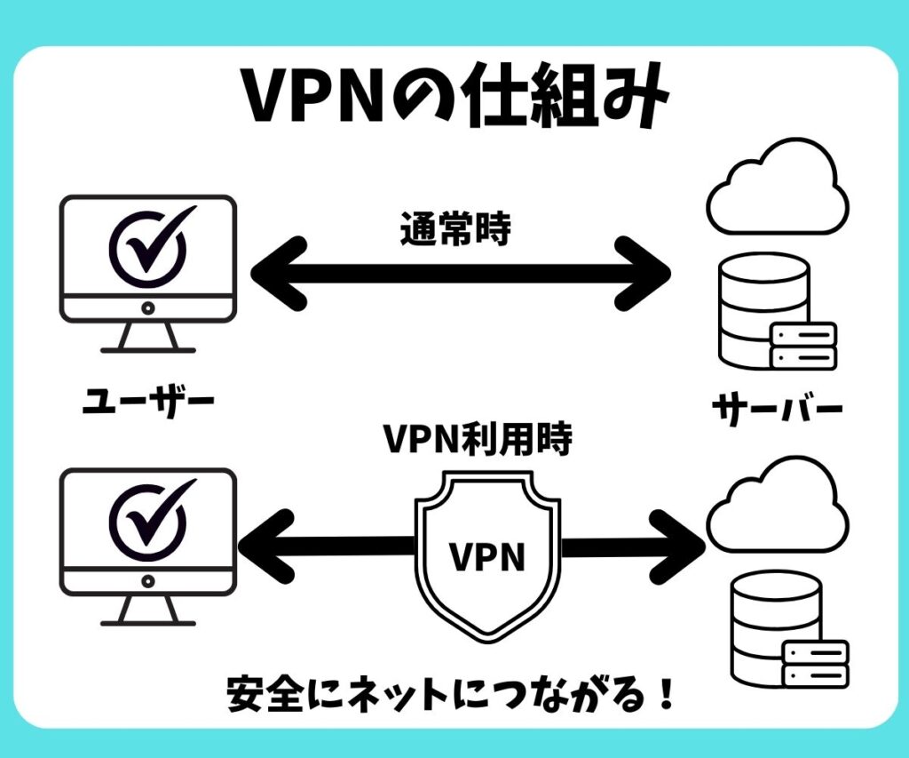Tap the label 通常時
tap(455, 229)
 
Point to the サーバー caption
tap(777, 411)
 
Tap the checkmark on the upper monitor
tap(148, 244)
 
